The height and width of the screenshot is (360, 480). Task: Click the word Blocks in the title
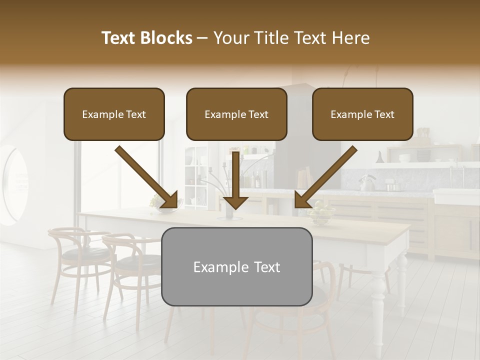pos(167,38)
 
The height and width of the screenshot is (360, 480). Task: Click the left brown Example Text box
pos(114,114)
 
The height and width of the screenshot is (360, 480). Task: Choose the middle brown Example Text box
pos(236,114)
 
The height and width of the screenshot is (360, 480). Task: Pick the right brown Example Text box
pos(362,114)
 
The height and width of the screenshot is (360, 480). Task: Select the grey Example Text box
pos(236,266)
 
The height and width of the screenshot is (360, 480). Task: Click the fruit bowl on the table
pos(321,215)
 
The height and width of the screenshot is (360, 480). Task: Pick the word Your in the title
pos(227,38)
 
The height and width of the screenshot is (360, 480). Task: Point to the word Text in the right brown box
pos(384,114)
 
